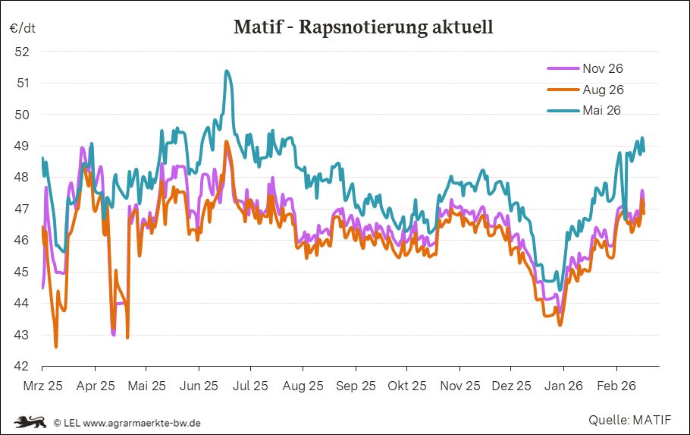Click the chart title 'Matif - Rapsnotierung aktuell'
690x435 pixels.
click(x=363, y=28)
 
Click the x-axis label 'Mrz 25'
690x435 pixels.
click(x=42, y=386)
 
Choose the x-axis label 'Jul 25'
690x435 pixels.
click(x=251, y=386)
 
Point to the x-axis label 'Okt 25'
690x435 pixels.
click(x=407, y=386)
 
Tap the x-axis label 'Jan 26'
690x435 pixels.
click(x=563, y=386)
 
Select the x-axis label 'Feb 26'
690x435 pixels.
click(x=616, y=386)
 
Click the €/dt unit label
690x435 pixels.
click(x=23, y=28)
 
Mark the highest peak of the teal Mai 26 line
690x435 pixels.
click(x=227, y=71)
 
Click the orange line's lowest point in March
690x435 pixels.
click(x=56, y=346)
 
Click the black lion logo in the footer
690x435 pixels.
click(x=31, y=421)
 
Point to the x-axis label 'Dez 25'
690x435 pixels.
click(x=512, y=386)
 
